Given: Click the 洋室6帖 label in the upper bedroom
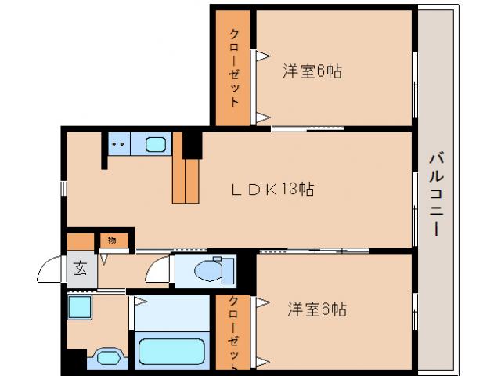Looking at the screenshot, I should click(312, 71).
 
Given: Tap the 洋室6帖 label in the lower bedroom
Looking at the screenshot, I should click(315, 309).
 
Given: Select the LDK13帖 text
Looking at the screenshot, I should click(272, 189).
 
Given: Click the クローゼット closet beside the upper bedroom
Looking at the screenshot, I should click(234, 69).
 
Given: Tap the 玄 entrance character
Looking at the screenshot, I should click(80, 269).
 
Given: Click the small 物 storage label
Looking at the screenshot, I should click(112, 240).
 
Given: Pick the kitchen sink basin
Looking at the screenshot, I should click(157, 144).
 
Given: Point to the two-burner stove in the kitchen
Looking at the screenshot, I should click(119, 144).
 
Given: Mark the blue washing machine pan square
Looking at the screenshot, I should click(78, 307).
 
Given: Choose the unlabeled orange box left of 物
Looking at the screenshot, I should click(79, 240).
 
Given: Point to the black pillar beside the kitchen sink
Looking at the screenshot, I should click(192, 144).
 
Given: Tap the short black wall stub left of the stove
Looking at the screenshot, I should click(104, 151).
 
